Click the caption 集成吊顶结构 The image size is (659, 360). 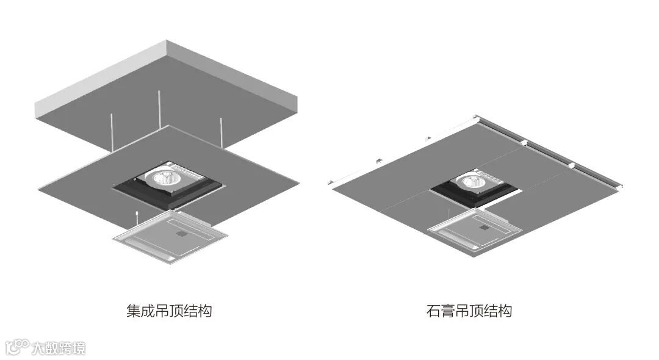[x=169, y=311]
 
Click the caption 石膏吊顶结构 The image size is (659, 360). [x=469, y=311]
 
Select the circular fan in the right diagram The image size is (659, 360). [x=477, y=181]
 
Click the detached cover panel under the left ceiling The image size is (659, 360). [x=170, y=237]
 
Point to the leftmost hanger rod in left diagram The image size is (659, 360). [x=112, y=131]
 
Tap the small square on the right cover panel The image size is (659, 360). [x=485, y=228]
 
